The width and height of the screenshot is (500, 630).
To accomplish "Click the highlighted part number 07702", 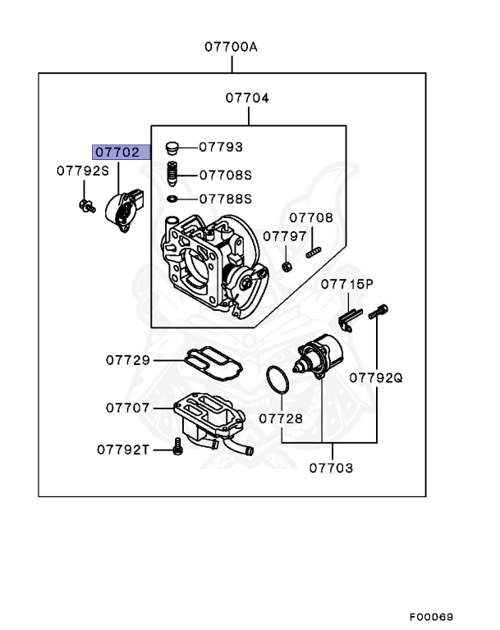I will tap(121, 152).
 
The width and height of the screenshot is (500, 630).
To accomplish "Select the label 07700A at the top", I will tap(231, 47).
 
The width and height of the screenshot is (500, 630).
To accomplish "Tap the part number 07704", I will tap(247, 98).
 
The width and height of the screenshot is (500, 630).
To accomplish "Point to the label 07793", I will tap(221, 148).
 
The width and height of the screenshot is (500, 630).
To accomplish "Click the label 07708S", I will tap(225, 175).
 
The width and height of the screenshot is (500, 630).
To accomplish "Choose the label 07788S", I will tap(225, 199).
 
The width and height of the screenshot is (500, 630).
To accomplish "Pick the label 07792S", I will tap(82, 171).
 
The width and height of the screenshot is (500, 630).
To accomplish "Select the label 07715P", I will tap(346, 285).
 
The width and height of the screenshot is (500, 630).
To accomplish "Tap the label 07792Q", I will tap(376, 378).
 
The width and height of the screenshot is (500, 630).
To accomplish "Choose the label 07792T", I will tap(123, 449).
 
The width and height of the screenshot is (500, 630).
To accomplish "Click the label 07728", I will tap(281, 418).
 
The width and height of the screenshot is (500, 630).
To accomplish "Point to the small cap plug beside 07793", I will tap(172, 148).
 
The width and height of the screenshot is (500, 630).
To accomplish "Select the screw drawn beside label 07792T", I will tap(177, 447).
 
